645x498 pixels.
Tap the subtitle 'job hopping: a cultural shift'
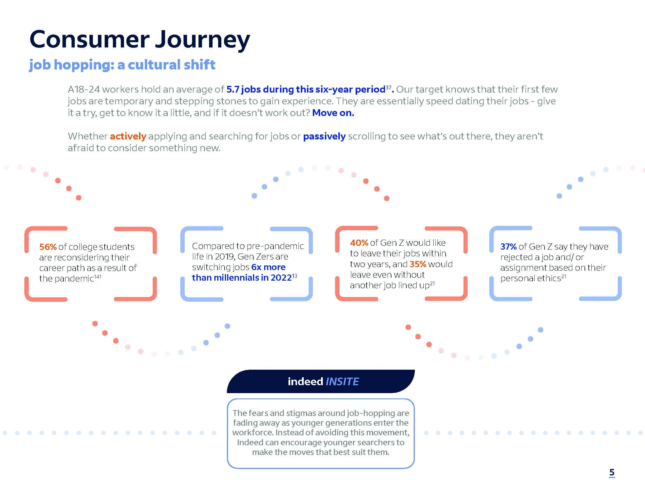(122, 65)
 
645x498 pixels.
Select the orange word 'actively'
(128, 136)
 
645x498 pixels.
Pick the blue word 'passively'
(324, 136)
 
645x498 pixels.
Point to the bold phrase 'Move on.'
(333, 113)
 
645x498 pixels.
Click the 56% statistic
(48, 247)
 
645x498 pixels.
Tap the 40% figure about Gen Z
(359, 243)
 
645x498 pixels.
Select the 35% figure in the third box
(417, 264)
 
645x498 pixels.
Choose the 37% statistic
(508, 247)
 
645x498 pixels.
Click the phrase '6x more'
(268, 267)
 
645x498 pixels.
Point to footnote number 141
(98, 277)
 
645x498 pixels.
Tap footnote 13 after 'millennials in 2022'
(294, 276)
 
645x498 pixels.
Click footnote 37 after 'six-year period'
(388, 87)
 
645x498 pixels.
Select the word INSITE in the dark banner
(342, 381)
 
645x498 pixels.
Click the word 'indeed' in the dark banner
(305, 381)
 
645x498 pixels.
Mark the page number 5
(612, 472)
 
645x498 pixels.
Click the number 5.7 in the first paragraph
(232, 89)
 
